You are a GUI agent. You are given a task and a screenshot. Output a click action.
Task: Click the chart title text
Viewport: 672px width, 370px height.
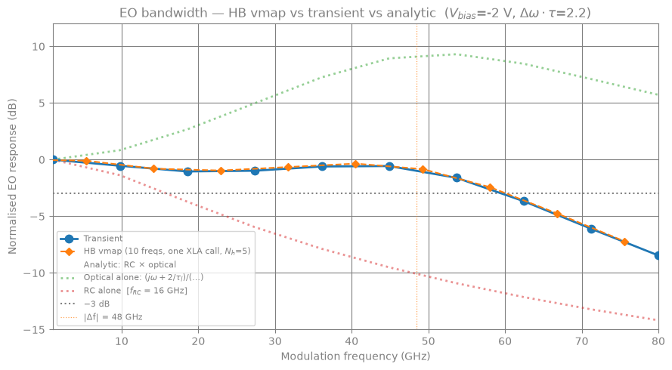pyautogui.click(x=355, y=14)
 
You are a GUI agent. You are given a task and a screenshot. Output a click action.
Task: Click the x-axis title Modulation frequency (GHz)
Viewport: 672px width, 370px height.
pyautogui.click(x=355, y=356)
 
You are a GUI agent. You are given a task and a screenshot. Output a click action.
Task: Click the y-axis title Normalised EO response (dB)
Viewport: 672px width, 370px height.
pyautogui.click(x=12, y=177)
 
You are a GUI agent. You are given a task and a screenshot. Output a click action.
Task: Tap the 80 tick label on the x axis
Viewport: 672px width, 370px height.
pyautogui.click(x=658, y=341)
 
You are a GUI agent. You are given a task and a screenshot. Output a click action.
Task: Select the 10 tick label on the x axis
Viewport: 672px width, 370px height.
pyautogui.click(x=122, y=341)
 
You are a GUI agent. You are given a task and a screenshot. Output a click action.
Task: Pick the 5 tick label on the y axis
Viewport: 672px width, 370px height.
pyautogui.click(x=41, y=103)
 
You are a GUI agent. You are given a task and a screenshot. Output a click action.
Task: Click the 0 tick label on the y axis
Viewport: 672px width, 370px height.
pyautogui.click(x=41, y=160)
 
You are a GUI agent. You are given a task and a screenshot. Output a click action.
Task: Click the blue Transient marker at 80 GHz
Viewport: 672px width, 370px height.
pyautogui.click(x=658, y=256)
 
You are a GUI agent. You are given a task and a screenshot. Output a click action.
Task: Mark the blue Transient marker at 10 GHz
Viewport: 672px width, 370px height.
pyautogui.click(x=120, y=166)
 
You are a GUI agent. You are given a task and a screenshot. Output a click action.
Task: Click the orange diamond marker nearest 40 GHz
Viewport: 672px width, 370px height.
pyautogui.click(x=355, y=165)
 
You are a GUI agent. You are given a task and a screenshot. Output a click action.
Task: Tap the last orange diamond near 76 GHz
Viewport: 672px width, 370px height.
pyautogui.click(x=625, y=242)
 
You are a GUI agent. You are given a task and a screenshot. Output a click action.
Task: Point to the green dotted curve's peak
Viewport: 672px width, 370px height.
pyautogui.click(x=454, y=54)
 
